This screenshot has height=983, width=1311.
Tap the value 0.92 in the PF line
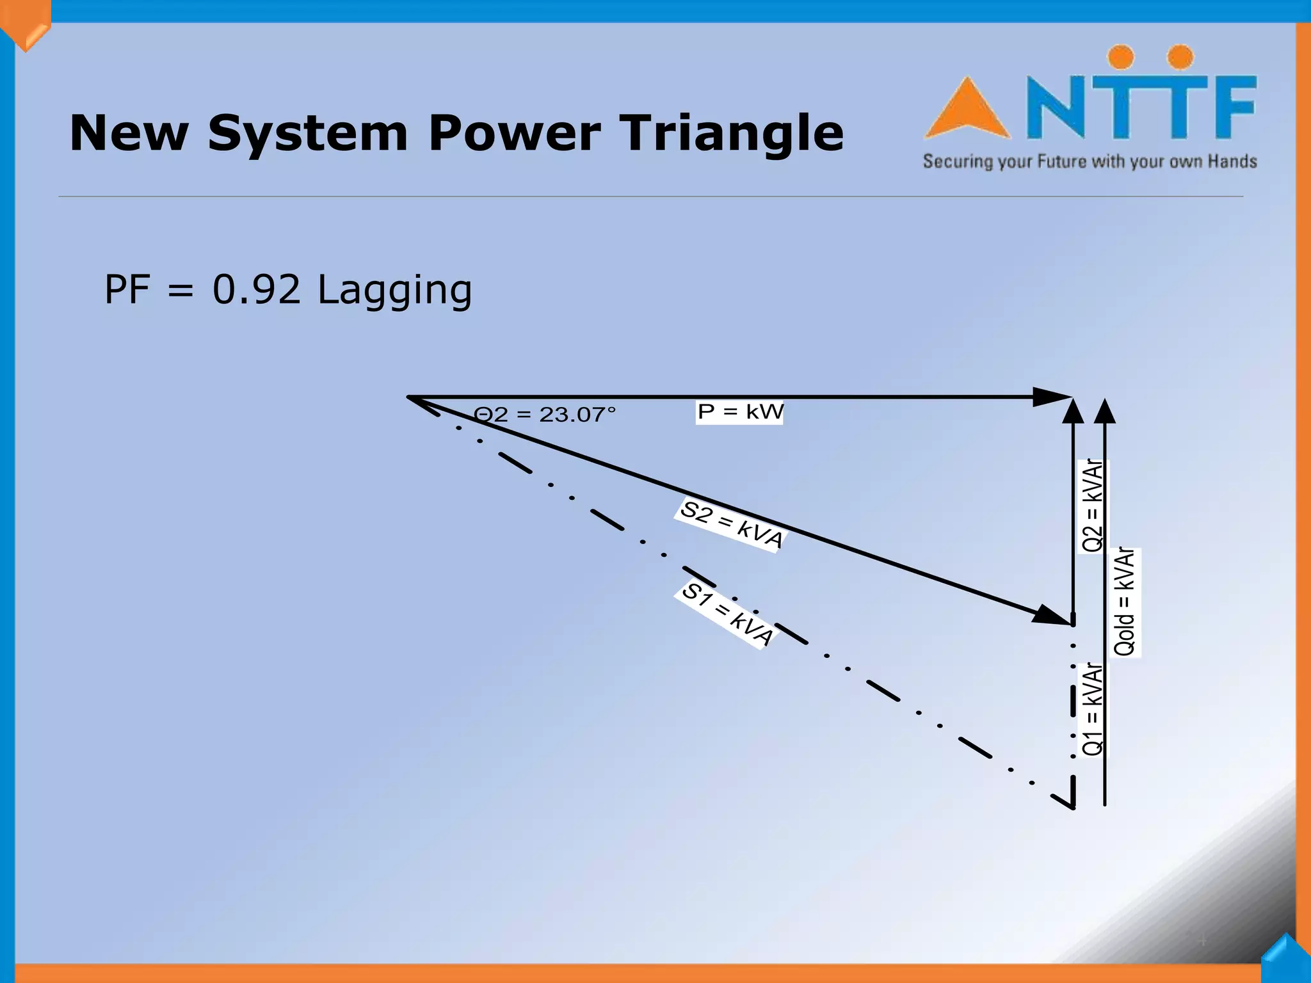(256, 289)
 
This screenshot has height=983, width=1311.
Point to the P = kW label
(740, 412)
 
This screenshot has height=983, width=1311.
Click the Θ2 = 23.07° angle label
(545, 415)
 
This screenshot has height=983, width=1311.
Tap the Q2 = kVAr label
(1093, 506)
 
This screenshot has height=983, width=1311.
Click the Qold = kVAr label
(1125, 602)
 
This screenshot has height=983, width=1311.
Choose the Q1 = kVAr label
(1093, 709)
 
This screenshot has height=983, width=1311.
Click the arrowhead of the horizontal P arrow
(1053, 397)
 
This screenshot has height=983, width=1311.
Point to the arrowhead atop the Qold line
(1104, 411)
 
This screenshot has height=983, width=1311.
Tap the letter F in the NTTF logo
(1232, 106)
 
